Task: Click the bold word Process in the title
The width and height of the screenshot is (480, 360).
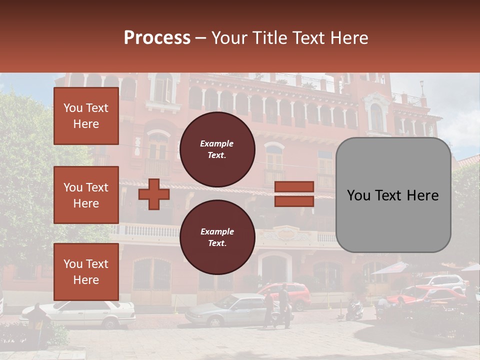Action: (157, 38)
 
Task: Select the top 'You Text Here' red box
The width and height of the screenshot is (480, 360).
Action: (86, 116)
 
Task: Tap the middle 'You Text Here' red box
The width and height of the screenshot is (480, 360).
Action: (86, 195)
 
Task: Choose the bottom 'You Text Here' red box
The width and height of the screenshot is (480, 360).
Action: (86, 272)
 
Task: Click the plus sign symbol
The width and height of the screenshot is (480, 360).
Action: (154, 194)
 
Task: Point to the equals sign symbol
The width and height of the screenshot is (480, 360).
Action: (294, 194)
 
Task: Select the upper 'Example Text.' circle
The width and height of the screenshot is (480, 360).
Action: (217, 149)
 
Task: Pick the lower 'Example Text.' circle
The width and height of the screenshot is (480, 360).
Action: (217, 237)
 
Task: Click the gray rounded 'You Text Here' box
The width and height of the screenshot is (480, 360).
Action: (393, 195)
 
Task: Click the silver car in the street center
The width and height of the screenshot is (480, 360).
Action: (227, 309)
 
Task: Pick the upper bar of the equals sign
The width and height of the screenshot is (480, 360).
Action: (294, 187)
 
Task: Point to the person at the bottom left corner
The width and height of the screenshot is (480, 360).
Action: (37, 320)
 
